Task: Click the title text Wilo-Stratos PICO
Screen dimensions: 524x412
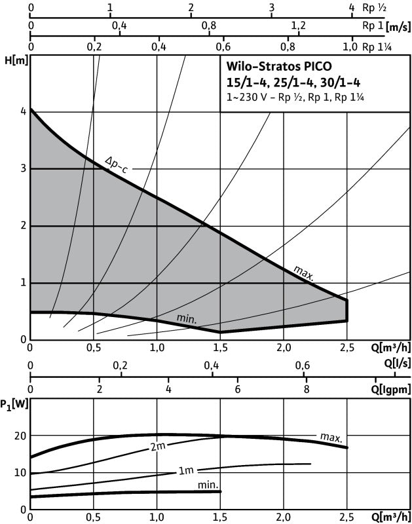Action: click(x=280, y=67)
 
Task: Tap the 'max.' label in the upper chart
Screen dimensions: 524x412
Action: click(x=303, y=272)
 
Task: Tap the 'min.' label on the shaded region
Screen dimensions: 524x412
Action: click(x=187, y=319)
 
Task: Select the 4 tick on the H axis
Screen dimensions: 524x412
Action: click(x=23, y=111)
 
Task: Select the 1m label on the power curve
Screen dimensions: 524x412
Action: click(x=186, y=471)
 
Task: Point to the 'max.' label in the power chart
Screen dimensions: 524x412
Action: click(x=331, y=437)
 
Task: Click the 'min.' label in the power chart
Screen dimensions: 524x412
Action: click(x=208, y=484)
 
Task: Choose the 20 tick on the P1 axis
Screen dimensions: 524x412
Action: click(x=20, y=436)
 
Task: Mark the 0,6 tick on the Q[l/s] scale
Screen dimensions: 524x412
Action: click(x=302, y=365)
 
